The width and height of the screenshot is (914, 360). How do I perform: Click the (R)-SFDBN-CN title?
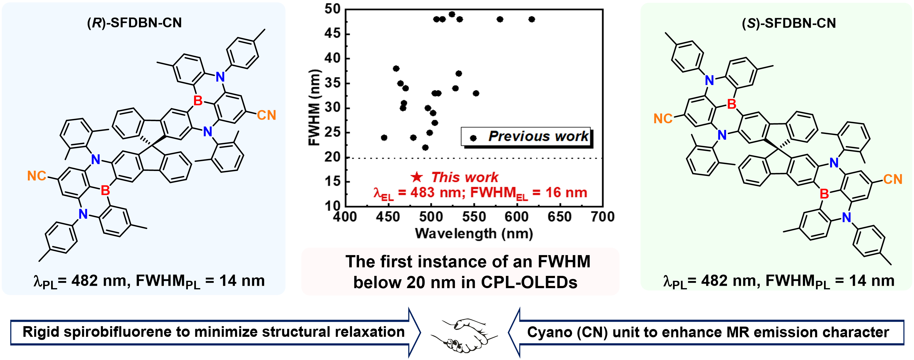tap(134, 23)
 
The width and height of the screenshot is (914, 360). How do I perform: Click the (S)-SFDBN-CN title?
tap(789, 23)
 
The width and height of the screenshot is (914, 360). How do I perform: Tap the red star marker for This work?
tap(417, 177)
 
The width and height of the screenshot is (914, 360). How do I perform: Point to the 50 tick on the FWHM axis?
tap(332, 9)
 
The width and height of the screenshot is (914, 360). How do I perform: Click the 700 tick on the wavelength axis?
tap(602, 217)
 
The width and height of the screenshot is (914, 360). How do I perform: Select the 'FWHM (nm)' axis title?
tap(314, 107)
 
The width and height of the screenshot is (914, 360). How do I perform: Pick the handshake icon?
tap(464, 335)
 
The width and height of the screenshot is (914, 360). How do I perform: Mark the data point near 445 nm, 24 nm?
tap(384, 138)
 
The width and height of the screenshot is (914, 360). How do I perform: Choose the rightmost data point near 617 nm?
tap(531, 19)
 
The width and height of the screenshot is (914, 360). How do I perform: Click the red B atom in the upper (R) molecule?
tap(198, 101)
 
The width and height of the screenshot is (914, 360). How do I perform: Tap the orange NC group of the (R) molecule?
tap(36, 176)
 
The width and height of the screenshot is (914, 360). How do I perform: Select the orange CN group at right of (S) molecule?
tap(892, 179)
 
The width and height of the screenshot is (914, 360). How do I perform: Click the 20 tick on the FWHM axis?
tap(332, 157)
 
